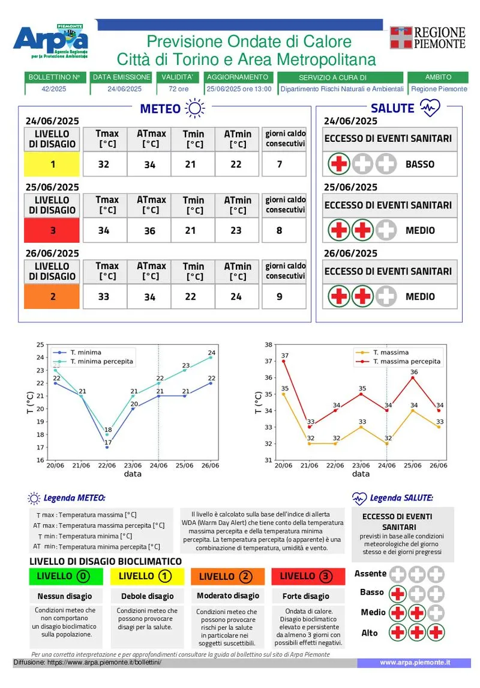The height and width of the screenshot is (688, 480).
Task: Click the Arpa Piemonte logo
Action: click(x=52, y=42)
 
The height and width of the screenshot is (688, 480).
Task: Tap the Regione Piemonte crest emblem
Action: click(x=401, y=37)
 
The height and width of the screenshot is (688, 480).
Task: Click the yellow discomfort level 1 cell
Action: click(x=52, y=164)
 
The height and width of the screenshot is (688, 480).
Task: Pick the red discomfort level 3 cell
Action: click(x=52, y=230)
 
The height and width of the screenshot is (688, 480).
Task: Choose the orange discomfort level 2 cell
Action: click(x=52, y=296)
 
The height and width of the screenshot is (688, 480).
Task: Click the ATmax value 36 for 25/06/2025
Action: click(x=151, y=231)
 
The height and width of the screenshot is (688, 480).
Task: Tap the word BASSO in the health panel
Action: click(x=420, y=164)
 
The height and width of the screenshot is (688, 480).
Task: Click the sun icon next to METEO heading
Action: click(x=195, y=108)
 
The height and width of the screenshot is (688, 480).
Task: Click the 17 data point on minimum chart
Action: click(x=107, y=447)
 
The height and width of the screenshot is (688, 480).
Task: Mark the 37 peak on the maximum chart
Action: click(x=284, y=361)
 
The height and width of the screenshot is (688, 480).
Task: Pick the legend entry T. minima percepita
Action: click(x=101, y=362)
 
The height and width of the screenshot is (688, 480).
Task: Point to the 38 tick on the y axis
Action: click(x=268, y=345)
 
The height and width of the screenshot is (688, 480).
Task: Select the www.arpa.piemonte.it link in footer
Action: click(x=415, y=662)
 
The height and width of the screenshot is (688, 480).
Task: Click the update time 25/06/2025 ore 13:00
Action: click(x=239, y=89)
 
